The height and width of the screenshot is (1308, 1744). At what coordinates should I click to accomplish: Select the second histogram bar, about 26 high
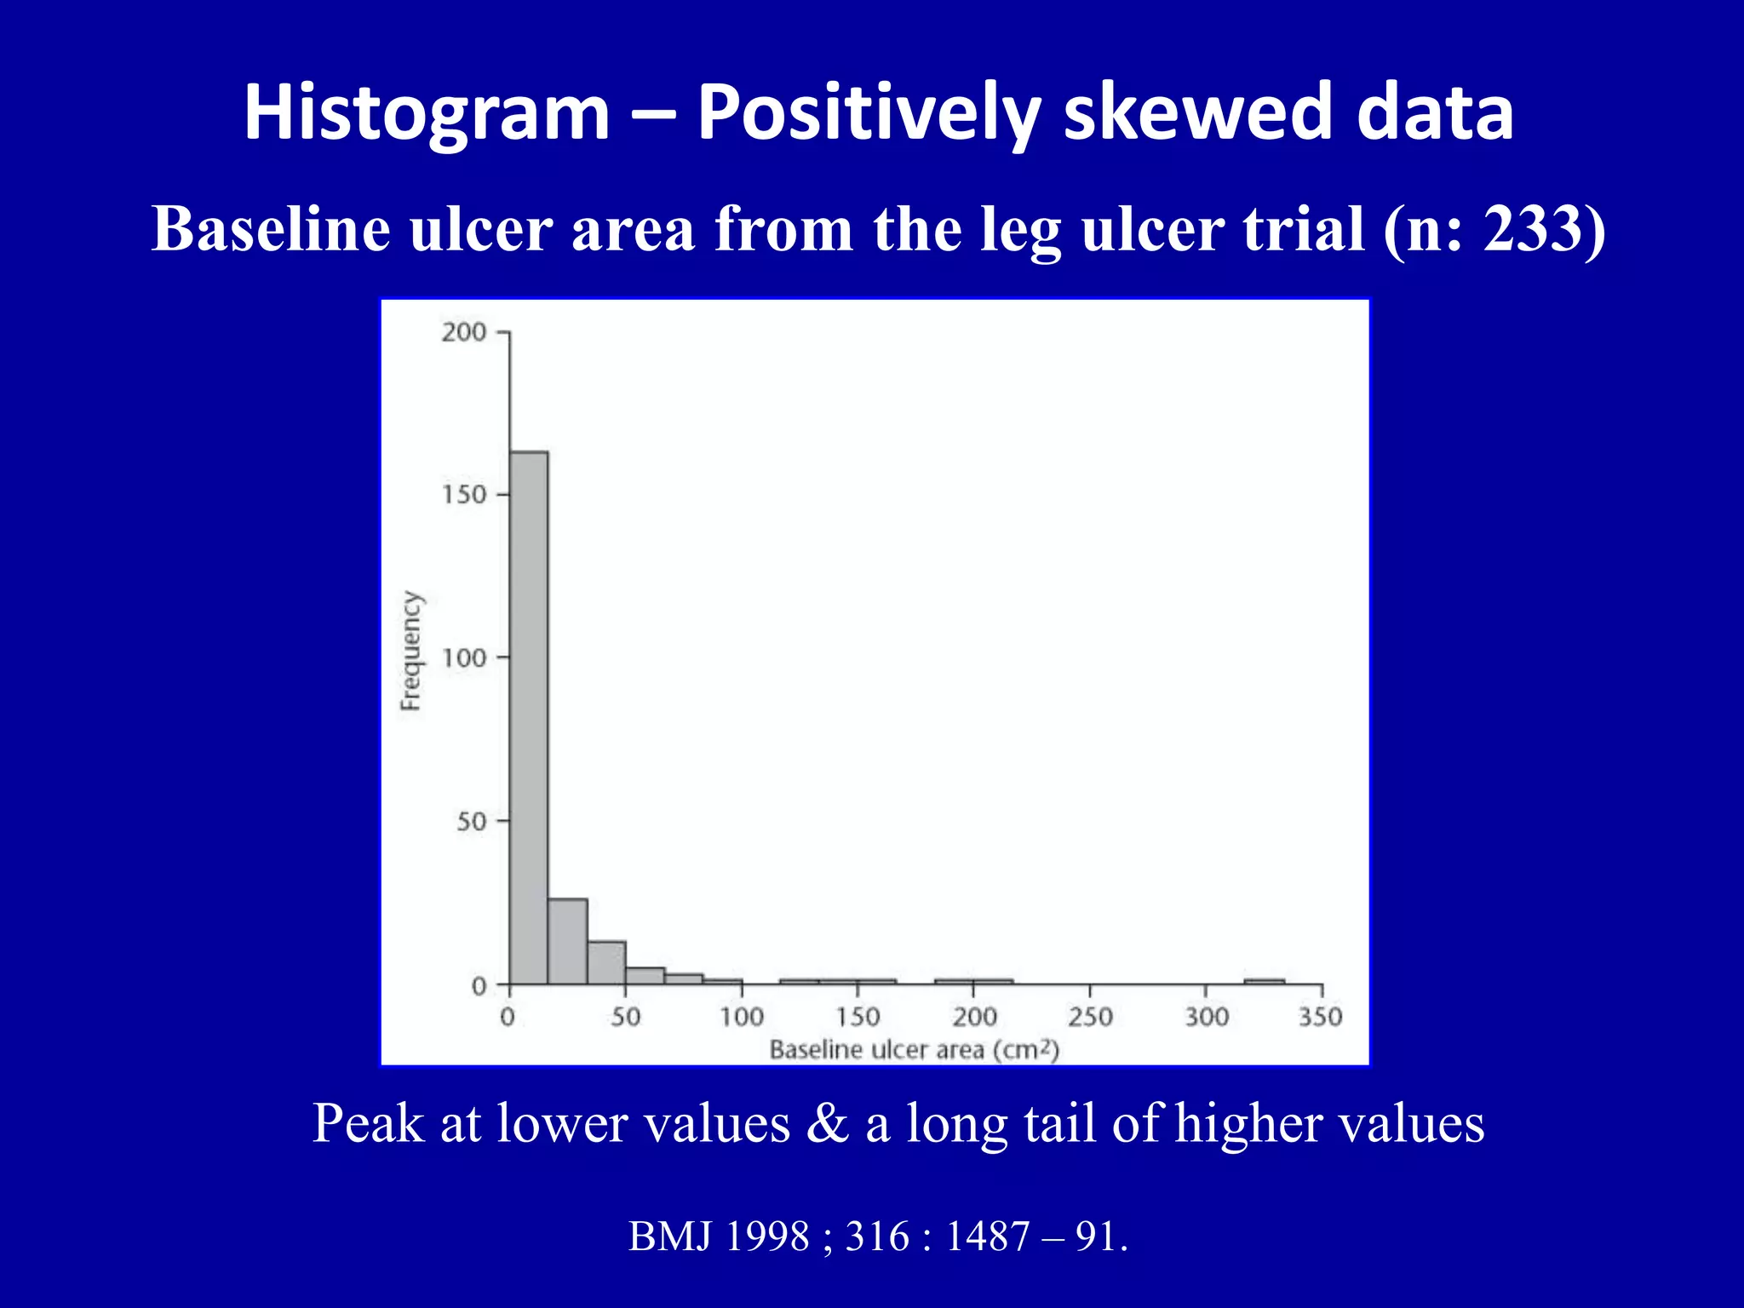567,942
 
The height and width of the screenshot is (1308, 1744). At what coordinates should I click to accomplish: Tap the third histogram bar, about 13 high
606,963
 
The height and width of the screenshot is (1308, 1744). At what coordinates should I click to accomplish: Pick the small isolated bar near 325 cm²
1264,982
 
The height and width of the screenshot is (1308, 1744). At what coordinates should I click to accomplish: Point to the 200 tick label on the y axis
463,332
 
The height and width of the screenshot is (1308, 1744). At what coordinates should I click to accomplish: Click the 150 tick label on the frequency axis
463,495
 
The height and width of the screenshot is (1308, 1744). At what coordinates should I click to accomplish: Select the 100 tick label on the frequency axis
463,657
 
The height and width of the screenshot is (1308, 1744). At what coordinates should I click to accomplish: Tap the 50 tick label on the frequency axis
471,822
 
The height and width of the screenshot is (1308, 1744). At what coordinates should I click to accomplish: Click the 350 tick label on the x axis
1320,1017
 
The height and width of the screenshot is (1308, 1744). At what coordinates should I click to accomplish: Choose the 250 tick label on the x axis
1090,1017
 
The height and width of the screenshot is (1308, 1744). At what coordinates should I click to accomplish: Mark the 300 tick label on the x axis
1206,1017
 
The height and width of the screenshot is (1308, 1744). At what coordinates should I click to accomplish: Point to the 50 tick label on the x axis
625,1017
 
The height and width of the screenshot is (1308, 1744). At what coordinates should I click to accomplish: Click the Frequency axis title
410,651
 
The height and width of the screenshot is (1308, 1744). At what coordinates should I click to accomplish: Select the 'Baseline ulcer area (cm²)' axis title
914,1050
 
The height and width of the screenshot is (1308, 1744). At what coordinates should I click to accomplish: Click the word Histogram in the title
427,113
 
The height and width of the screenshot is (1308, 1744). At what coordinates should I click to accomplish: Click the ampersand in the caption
828,1123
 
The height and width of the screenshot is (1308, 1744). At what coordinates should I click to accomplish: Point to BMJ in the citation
669,1236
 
